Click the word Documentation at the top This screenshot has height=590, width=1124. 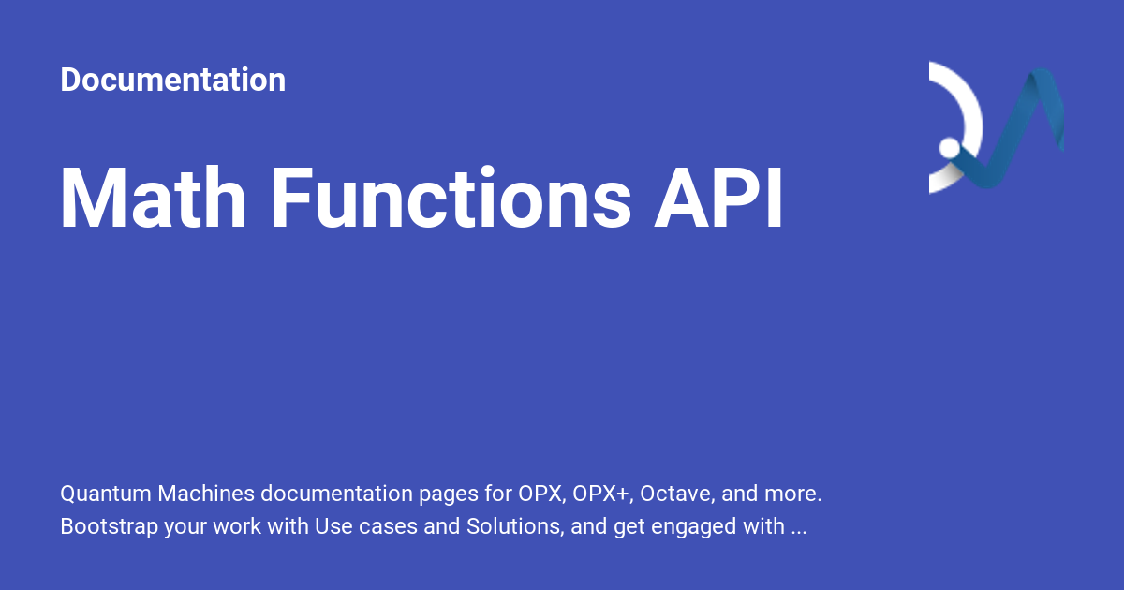coord(172,80)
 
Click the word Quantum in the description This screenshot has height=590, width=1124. coord(106,493)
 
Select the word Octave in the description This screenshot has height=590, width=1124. coord(674,493)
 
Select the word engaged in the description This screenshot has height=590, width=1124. coord(688,526)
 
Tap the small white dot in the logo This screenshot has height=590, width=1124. coord(950,148)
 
